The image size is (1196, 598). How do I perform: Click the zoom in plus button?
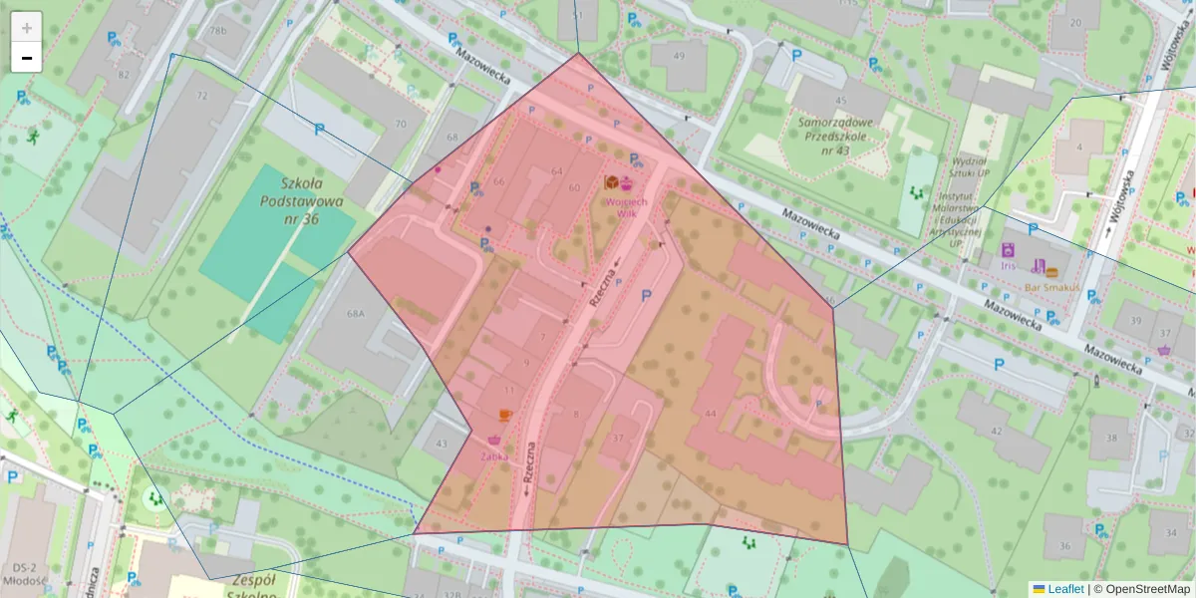27,27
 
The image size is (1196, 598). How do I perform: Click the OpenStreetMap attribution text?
1146,589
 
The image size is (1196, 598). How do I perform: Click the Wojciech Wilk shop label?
626,206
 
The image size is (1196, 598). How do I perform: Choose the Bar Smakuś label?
1051,288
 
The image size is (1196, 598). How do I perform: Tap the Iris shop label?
1008,266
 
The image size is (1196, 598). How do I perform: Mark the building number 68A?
356,313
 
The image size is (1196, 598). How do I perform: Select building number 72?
202,96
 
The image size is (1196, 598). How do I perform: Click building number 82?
124,74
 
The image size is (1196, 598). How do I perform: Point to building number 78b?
217,31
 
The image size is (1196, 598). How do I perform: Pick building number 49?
679,56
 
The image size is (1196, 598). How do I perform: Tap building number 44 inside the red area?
710,413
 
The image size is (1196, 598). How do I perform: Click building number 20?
1075,22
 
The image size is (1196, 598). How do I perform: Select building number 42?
996,431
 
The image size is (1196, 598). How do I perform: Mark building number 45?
841,101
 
